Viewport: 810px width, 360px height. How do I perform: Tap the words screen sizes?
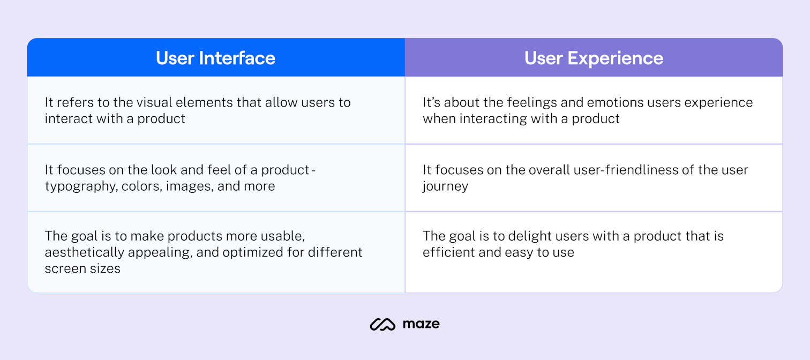(x=82, y=268)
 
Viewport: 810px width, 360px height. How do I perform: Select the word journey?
(x=445, y=186)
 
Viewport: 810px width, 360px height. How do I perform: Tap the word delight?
(x=538, y=236)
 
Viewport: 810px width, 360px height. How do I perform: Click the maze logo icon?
(x=382, y=324)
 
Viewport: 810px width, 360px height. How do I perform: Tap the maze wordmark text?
(x=421, y=324)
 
